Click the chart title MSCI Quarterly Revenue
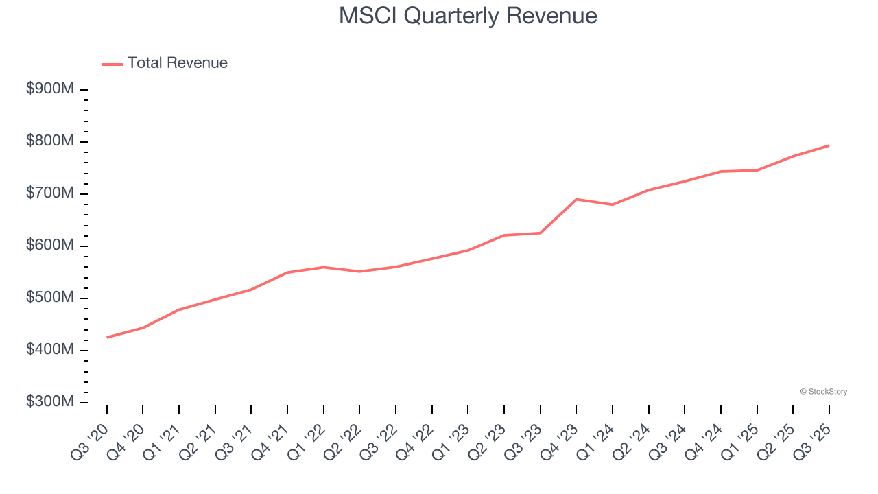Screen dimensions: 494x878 [x=468, y=16]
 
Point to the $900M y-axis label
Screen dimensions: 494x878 [x=50, y=90]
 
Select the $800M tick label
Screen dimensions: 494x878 [x=50, y=142]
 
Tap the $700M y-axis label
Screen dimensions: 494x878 [x=50, y=194]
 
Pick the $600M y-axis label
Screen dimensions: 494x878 [x=50, y=246]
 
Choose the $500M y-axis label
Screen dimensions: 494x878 [x=50, y=298]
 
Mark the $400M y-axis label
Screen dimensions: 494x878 [x=50, y=351]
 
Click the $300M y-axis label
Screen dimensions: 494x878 [x=50, y=403]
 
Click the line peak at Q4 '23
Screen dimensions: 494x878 [x=576, y=199]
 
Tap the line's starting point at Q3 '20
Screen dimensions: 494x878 [x=107, y=338]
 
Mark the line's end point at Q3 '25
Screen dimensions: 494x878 [x=829, y=145]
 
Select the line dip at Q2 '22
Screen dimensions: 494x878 [x=359, y=272]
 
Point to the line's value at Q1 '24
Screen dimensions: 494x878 [x=613, y=204]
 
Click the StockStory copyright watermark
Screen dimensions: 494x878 [x=823, y=392]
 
